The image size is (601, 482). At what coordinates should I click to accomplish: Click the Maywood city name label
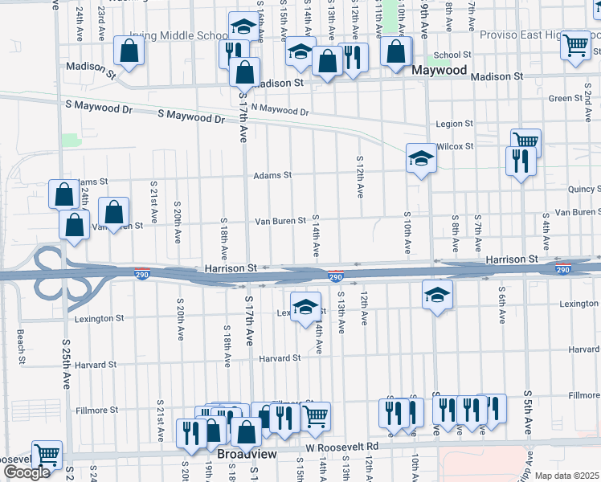439,71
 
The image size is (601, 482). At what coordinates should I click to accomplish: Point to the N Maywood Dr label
279,109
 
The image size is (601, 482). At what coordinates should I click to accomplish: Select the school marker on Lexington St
305,306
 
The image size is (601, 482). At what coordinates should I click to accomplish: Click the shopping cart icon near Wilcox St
525,141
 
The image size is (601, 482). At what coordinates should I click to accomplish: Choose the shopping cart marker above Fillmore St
316,415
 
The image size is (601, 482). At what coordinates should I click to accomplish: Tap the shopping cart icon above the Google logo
47,454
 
